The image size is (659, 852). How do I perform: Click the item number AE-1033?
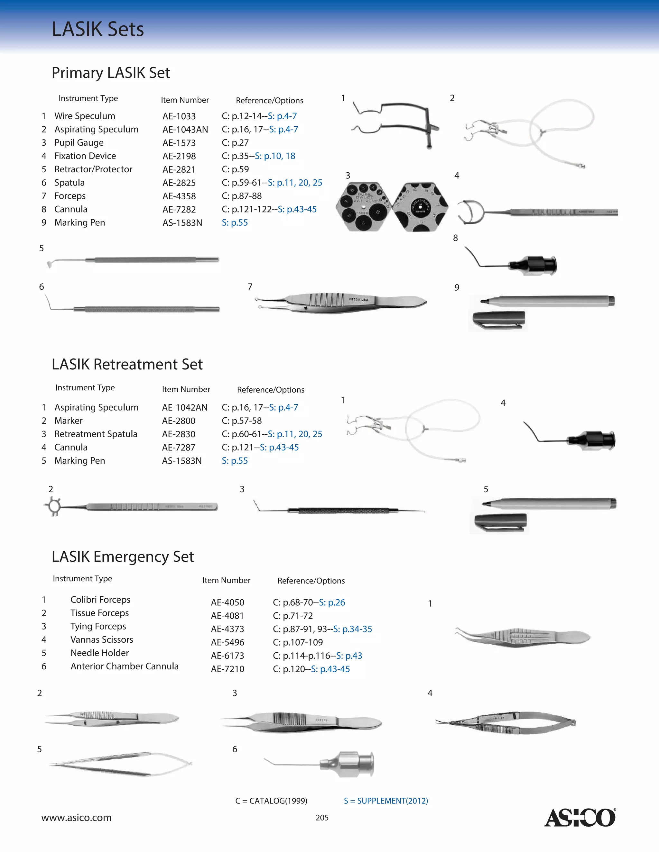[x=179, y=116]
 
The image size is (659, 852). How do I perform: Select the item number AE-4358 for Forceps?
[x=179, y=196]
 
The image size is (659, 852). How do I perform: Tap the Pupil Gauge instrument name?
[x=79, y=143]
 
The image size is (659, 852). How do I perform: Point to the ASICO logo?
[x=580, y=817]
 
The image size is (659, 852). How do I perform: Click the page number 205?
[x=322, y=818]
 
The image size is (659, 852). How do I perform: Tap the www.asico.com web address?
[x=77, y=818]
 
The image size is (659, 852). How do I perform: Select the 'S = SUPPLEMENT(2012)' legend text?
[x=386, y=801]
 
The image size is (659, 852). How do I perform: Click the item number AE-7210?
[x=227, y=669]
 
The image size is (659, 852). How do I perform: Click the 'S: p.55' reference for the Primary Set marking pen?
[x=235, y=223]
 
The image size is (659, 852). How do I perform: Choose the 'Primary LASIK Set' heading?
[x=111, y=73]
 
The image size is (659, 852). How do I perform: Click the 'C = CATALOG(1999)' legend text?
[x=271, y=801]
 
